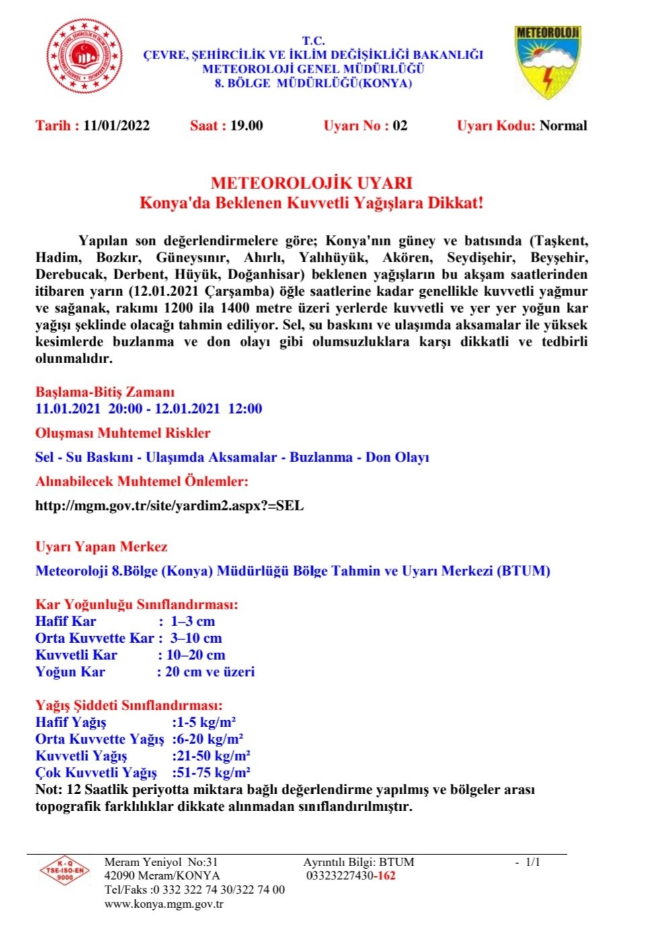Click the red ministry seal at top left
85,56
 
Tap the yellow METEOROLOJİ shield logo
547,62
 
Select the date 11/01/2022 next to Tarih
116,126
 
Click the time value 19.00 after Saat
246,126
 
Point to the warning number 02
400,126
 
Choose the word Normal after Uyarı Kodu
563,126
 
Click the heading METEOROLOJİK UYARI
311,183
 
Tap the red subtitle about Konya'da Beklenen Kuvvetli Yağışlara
311,203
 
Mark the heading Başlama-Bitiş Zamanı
105,392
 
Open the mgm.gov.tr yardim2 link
169,506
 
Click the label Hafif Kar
66,621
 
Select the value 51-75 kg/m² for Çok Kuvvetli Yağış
211,773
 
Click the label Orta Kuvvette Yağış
100,739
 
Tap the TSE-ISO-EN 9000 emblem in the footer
65,871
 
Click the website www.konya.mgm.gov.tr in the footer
163,904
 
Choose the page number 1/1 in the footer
532,862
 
